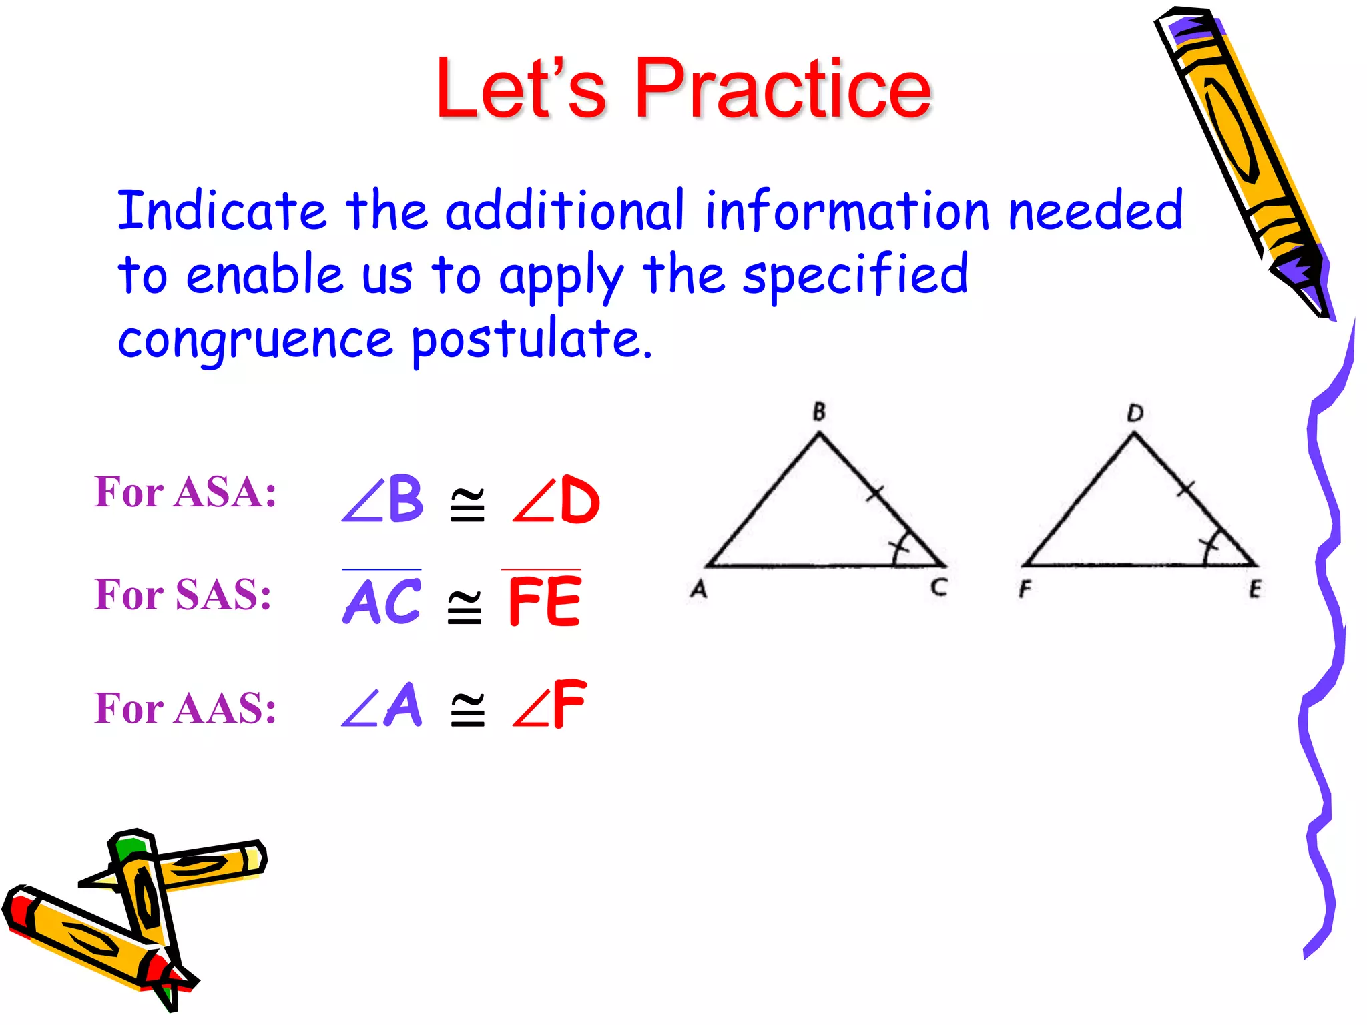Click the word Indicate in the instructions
[221, 211]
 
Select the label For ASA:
[185, 492]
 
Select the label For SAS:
[182, 594]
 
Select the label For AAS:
[185, 708]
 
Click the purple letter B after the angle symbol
[406, 498]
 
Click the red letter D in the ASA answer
[579, 500]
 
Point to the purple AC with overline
[382, 600]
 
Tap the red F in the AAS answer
[569, 705]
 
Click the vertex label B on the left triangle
[819, 412]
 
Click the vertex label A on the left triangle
[698, 589]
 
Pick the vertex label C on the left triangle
[939, 587]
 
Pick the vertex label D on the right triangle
[1135, 414]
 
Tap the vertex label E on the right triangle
[1255, 589]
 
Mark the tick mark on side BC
[875, 494]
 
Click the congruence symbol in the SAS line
[465, 607]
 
